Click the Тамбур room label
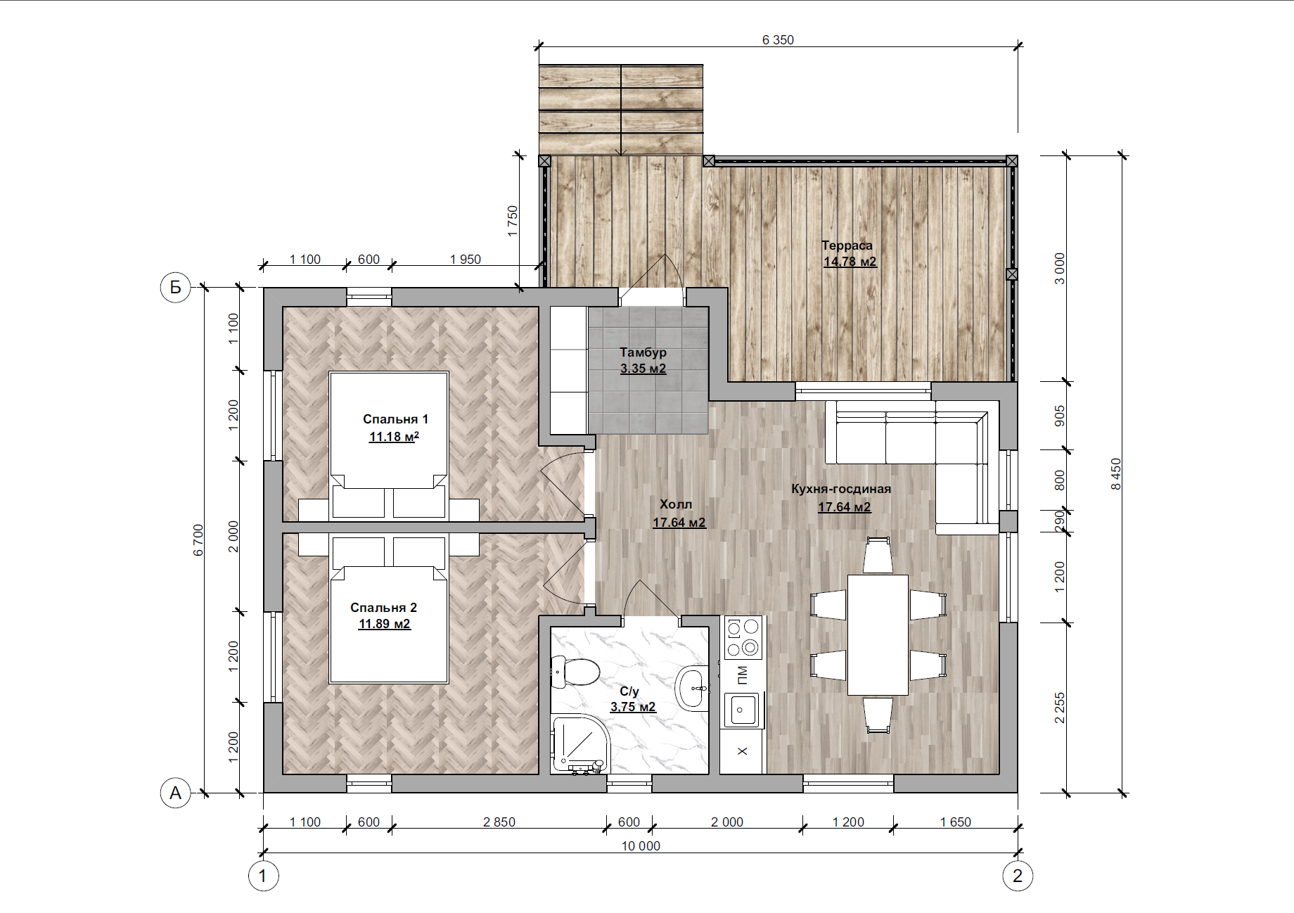pyautogui.click(x=643, y=352)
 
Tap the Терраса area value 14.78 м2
pyautogui.click(x=850, y=262)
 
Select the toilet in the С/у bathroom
pyautogui.click(x=575, y=671)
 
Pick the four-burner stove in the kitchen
pyautogui.click(x=743, y=637)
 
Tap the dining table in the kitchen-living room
pyautogui.click(x=878, y=635)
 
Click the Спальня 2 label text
pyautogui.click(x=383, y=608)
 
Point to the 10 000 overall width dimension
pyautogui.click(x=641, y=846)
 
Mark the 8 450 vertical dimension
pyautogui.click(x=1116, y=474)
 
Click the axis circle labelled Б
pyautogui.click(x=175, y=287)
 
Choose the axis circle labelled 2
pyautogui.click(x=1017, y=876)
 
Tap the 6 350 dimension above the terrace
pyautogui.click(x=778, y=40)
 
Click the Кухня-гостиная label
pyautogui.click(x=841, y=489)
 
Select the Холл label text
pyautogui.click(x=676, y=504)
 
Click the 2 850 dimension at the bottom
pyautogui.click(x=499, y=822)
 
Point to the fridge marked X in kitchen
pyautogui.click(x=743, y=752)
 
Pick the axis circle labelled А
pyautogui.click(x=175, y=793)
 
